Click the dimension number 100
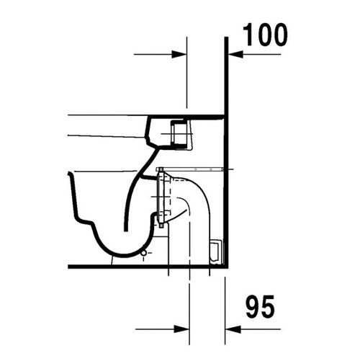[263, 34]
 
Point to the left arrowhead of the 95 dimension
[183, 328]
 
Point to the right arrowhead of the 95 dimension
[232, 328]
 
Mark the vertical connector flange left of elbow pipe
[163, 198]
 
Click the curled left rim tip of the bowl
[70, 176]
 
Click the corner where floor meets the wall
[226, 267]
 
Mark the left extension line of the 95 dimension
[190, 303]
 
